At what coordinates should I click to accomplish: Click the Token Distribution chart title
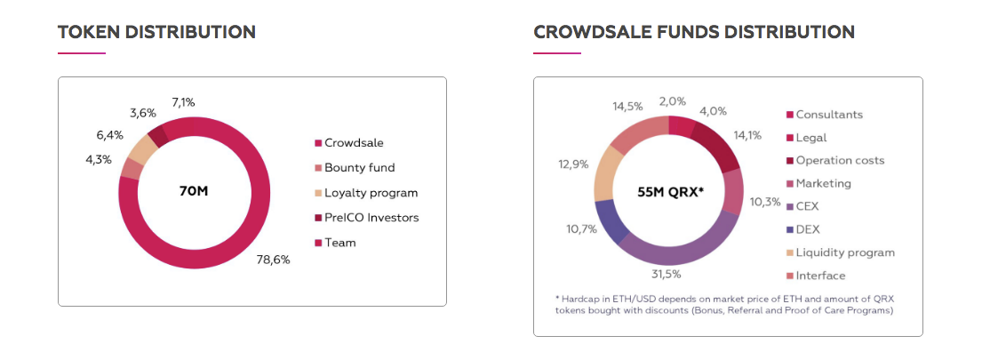tap(156, 32)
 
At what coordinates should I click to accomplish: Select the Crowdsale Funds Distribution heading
tap(694, 32)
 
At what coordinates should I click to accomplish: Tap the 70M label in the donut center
tap(195, 191)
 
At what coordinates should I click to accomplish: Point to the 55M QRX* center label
tap(670, 191)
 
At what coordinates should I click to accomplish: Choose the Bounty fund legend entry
tap(359, 167)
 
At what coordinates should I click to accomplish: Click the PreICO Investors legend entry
tap(371, 217)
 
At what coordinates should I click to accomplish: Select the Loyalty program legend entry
tap(371, 192)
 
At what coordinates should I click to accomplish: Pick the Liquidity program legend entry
tap(844, 252)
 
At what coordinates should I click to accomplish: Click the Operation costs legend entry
tap(840, 160)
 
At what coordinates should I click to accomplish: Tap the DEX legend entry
tap(809, 229)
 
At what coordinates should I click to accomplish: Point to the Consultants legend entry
tap(829, 114)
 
